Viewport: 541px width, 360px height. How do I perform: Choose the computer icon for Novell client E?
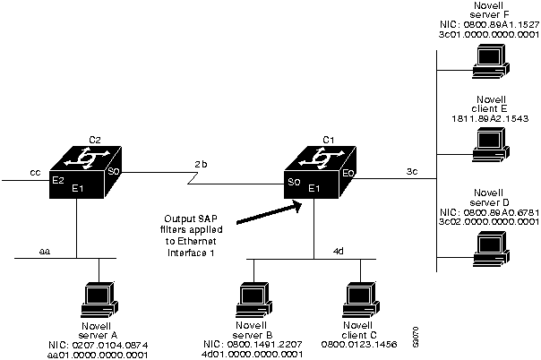[x=489, y=141]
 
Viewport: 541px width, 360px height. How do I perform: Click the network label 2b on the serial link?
[x=201, y=164]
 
